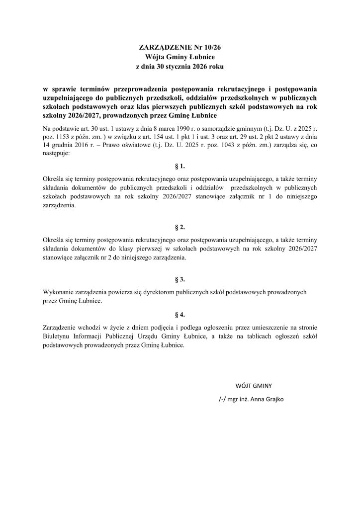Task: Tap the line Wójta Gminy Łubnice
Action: click(x=180, y=57)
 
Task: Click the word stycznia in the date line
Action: click(x=175, y=67)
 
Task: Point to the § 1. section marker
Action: click(x=180, y=165)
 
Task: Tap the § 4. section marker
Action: click(x=180, y=316)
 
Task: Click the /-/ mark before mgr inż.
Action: click(x=223, y=399)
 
